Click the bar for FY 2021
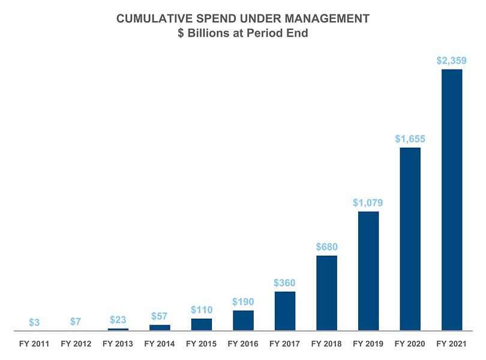pos(452,200)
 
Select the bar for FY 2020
pos(410,239)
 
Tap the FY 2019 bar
pos(368,271)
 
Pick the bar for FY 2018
pos(326,293)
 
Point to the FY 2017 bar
pos(285,311)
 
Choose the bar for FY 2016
pos(243,320)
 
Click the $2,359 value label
pos(452,60)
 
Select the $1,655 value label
pos(410,138)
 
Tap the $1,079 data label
pos(368,202)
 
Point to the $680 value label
pos(326,247)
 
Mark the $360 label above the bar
pos(285,283)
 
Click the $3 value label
pos(34,322)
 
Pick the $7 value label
pos(76,322)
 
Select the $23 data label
pos(118,320)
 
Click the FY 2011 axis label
pos(34,344)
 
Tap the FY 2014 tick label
pos(160,344)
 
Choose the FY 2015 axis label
pos(201,344)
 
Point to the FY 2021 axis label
pos(452,344)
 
